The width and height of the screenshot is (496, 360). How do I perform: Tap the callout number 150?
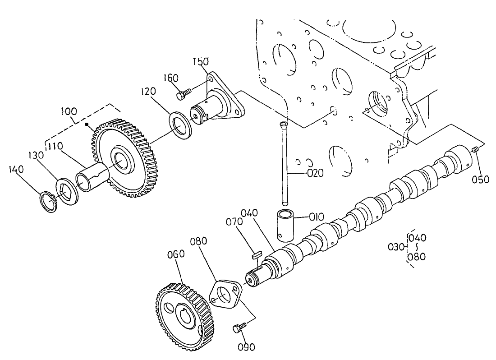click(201, 61)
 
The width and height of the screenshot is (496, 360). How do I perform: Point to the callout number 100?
click(67, 111)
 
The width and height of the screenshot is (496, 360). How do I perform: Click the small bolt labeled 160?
click(182, 95)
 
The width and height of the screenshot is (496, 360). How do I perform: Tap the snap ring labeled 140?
click(48, 202)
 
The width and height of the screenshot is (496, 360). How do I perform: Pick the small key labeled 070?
click(255, 255)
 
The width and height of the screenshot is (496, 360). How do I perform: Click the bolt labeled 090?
click(238, 328)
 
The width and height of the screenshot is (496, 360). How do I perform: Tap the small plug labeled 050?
click(474, 150)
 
